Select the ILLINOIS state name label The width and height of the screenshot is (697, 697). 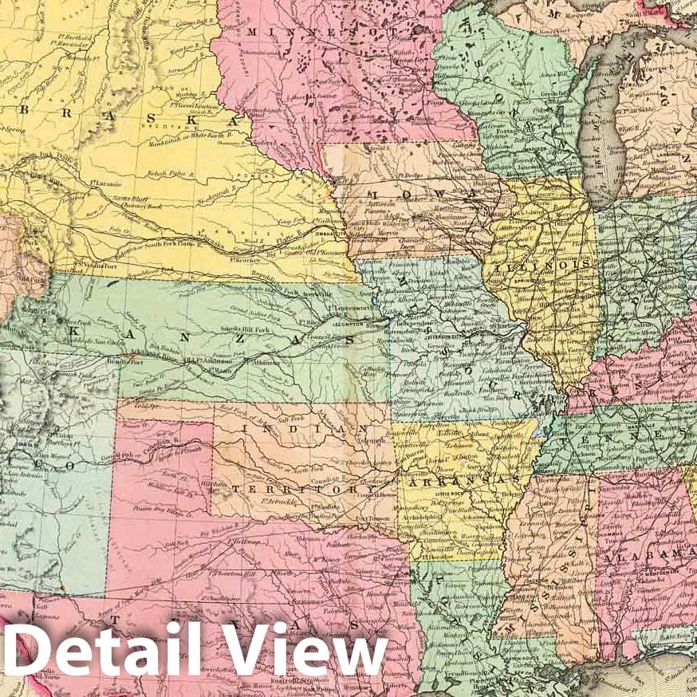[543, 271]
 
